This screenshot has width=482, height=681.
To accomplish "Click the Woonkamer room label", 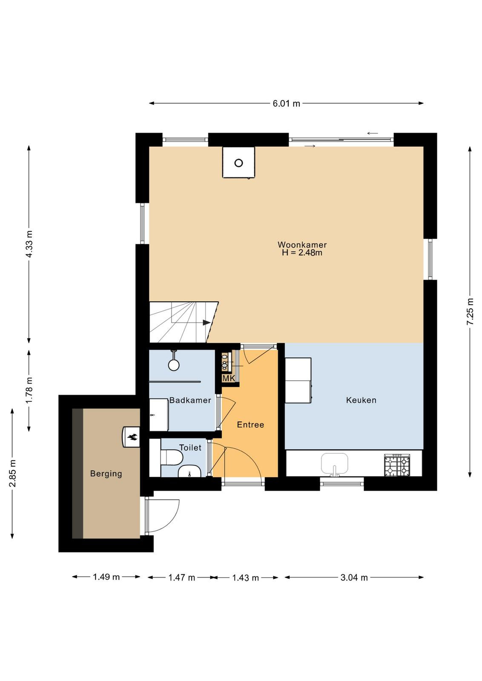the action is pyautogui.click(x=302, y=245).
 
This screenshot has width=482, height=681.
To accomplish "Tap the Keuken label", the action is pyautogui.click(x=361, y=400).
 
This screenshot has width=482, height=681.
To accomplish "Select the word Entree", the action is pyautogui.click(x=250, y=425).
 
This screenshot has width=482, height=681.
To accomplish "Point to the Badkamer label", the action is pyautogui.click(x=190, y=400).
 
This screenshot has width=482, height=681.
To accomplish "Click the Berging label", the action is pyautogui.click(x=106, y=474).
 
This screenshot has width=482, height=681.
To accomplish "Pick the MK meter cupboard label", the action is pyautogui.click(x=229, y=378).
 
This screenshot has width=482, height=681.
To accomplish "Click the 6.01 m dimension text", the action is pyautogui.click(x=286, y=104).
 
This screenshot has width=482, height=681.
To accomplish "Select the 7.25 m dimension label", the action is pyautogui.click(x=470, y=312).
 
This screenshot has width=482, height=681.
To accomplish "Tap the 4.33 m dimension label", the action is pyautogui.click(x=29, y=244).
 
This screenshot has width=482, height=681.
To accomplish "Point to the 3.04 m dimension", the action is pyautogui.click(x=354, y=577).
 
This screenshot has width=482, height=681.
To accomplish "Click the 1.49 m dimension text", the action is pyautogui.click(x=106, y=577).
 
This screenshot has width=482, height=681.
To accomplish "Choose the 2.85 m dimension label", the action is pyautogui.click(x=12, y=473).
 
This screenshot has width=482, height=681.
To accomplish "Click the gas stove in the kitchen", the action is pyautogui.click(x=397, y=466).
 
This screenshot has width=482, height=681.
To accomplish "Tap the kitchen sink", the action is pyautogui.click(x=335, y=464).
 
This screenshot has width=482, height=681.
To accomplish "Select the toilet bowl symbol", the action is pyautogui.click(x=172, y=458).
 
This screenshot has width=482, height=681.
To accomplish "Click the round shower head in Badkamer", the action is pyautogui.click(x=174, y=365).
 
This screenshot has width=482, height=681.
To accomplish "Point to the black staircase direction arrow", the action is pyautogui.click(x=207, y=323).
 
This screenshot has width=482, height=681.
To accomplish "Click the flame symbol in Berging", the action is pyautogui.click(x=132, y=438).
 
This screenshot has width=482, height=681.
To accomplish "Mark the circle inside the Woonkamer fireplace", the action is pyautogui.click(x=239, y=163).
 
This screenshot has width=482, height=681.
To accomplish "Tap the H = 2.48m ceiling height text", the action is pyautogui.click(x=302, y=253).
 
